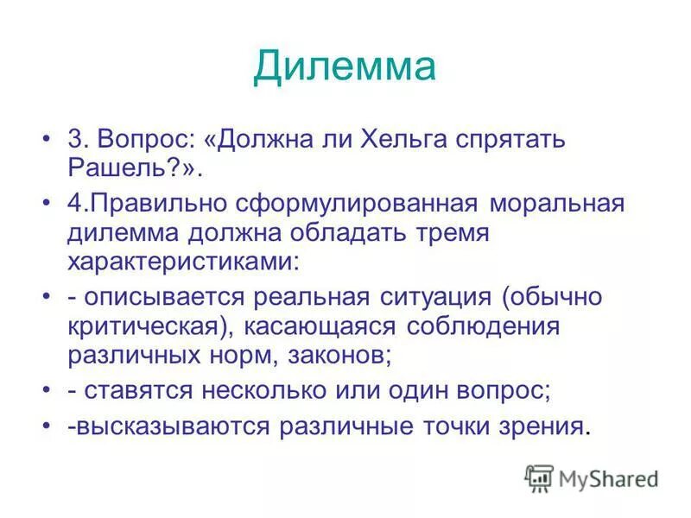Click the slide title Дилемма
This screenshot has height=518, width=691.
coord(345,66)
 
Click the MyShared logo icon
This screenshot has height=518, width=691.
coord(539,477)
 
